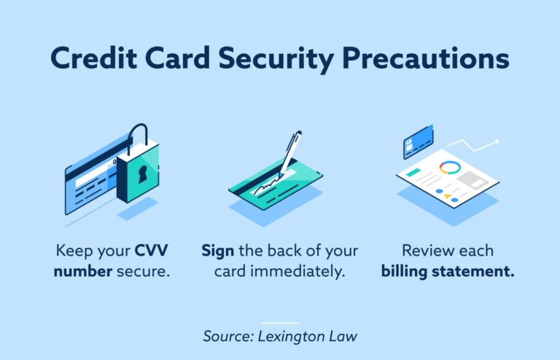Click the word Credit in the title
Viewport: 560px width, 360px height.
click(x=93, y=58)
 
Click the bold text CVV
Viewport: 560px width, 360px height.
click(x=151, y=251)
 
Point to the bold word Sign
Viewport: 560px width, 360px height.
click(x=218, y=251)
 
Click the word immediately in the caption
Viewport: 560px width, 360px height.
click(x=297, y=272)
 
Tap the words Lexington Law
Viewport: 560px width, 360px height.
click(x=307, y=337)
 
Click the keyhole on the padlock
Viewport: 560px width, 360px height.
click(x=143, y=175)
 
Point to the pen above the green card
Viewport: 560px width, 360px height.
click(x=289, y=154)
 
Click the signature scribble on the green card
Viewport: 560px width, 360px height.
click(x=266, y=187)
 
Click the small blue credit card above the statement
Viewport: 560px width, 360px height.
click(x=419, y=141)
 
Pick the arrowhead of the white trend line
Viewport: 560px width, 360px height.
click(x=496, y=142)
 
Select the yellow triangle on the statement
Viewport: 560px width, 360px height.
click(x=448, y=196)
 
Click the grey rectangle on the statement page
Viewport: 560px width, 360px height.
click(x=472, y=180)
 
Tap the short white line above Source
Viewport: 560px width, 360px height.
click(x=280, y=323)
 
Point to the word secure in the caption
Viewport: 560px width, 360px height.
click(x=143, y=272)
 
